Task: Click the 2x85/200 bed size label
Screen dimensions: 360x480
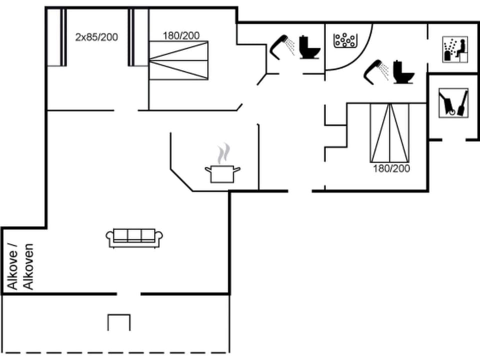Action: [x=96, y=36]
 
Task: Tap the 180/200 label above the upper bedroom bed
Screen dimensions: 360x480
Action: [x=181, y=35]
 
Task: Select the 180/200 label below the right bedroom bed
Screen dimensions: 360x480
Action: [x=391, y=168]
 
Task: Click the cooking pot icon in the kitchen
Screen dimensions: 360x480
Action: [x=222, y=173]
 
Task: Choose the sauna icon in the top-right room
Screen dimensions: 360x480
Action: [x=455, y=49]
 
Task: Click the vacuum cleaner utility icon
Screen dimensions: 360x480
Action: [x=453, y=102]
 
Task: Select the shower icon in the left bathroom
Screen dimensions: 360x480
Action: [x=281, y=46]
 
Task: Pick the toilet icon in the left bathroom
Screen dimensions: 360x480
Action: [x=309, y=47]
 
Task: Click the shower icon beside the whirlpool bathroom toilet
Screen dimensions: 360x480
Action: [x=376, y=70]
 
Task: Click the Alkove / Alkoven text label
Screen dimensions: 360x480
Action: [x=21, y=266]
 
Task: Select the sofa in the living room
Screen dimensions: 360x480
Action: [x=135, y=237]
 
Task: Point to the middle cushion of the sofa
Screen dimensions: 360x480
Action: [x=135, y=235]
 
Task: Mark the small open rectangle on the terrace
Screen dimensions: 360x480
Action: [x=119, y=322]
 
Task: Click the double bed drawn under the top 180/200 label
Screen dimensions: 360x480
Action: [x=178, y=60]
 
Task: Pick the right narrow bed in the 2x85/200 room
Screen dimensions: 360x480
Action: [x=138, y=37]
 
